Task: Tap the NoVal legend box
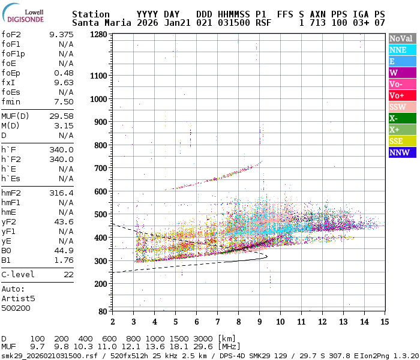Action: pyautogui.click(x=401, y=38)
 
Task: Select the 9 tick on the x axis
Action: pyautogui.click(x=259, y=322)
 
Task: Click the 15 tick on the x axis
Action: pyautogui.click(x=385, y=322)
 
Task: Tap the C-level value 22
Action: pyautogui.click(x=68, y=274)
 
